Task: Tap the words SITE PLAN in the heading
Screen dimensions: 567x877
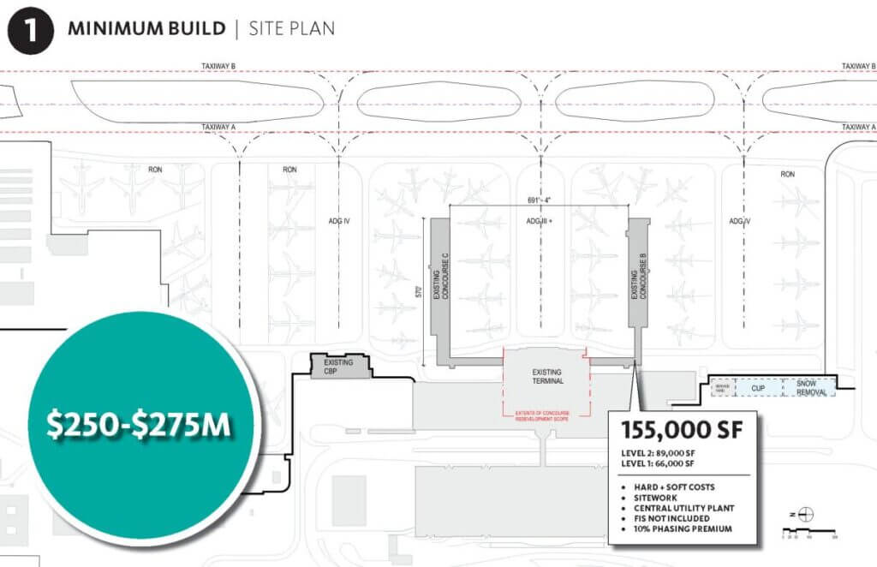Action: tap(292, 28)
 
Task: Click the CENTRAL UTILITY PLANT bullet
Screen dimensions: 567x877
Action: tap(684, 508)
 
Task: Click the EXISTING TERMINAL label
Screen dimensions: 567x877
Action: tap(546, 378)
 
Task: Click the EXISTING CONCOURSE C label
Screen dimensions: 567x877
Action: tap(441, 287)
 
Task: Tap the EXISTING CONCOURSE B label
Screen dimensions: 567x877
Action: tap(635, 282)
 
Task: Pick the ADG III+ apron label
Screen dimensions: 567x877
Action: tap(540, 221)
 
